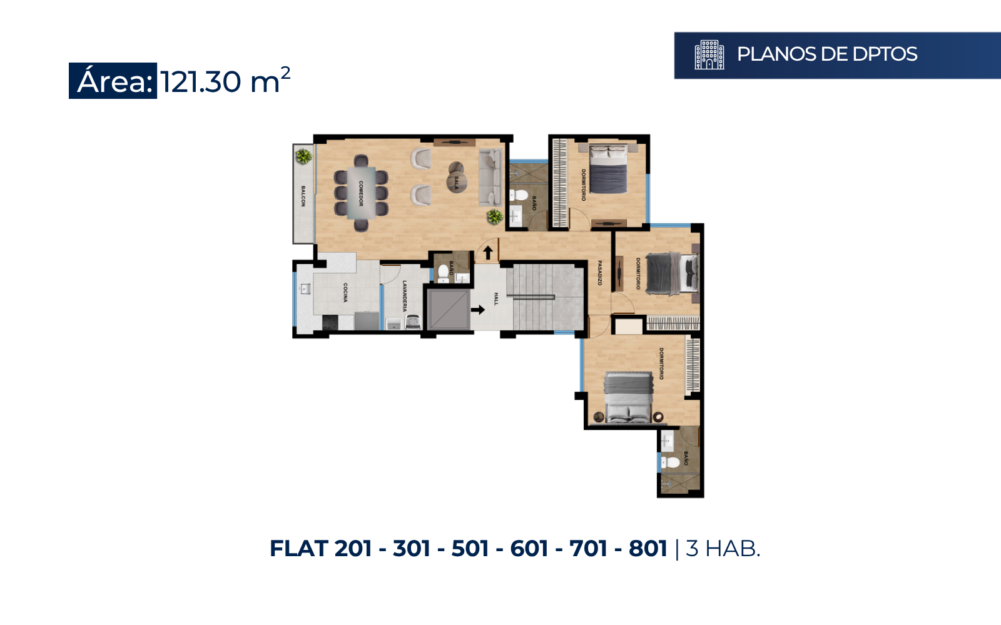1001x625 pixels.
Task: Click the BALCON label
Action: (303, 196)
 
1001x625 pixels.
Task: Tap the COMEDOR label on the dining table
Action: (361, 193)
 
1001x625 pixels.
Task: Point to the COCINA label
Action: (345, 293)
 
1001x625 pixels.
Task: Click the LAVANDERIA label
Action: (405, 296)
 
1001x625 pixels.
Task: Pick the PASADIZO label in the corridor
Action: (600, 273)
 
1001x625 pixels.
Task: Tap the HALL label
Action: (496, 299)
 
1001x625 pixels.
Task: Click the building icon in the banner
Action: (709, 55)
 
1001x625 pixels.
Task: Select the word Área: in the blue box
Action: (115, 81)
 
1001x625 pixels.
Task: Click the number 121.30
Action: (201, 82)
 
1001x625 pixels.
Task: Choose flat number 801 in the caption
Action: (648, 549)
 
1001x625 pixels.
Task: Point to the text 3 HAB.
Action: (723, 549)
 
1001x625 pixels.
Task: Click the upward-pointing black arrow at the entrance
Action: (488, 253)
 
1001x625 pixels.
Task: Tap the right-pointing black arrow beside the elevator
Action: (478, 310)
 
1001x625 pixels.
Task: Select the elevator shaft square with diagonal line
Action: (448, 309)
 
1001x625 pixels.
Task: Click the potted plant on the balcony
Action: (304, 156)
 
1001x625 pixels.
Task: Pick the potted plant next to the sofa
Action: (495, 217)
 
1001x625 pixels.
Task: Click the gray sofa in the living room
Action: (490, 178)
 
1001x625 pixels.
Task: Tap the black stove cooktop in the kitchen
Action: (330, 322)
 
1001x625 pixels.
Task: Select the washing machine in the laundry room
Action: (412, 322)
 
